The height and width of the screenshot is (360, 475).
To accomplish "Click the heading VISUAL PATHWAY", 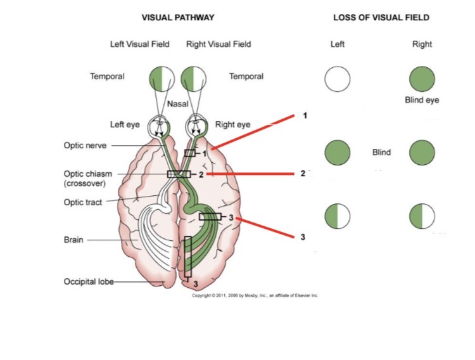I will coord(177,18).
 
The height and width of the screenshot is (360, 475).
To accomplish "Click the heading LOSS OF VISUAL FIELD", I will coord(381,18).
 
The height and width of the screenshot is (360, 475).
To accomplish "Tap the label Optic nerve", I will coord(85,145).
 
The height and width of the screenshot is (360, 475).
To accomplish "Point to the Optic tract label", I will coord(84,202).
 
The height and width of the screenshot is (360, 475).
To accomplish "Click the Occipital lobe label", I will coord(89,281).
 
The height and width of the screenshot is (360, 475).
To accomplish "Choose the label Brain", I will coord(73,240).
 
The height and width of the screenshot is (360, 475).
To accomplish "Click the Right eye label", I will coord(232,125).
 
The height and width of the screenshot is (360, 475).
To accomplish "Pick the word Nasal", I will coord(177,103).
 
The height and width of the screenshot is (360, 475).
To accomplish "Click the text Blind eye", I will coord(422,100).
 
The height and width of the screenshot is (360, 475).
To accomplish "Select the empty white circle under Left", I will coord(338,79).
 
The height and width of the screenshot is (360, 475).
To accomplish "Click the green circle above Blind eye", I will coord(422,79).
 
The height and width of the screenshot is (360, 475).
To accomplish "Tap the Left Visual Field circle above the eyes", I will coord(163,79).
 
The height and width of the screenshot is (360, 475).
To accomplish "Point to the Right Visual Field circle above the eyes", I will coord(194,79).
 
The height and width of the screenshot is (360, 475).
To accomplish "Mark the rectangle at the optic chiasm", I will coord(179,174).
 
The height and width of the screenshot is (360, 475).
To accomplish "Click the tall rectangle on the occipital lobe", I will coord(187,257).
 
